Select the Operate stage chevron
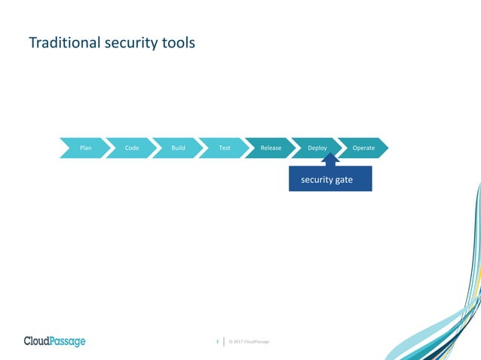coord(363,148)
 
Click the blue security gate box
coord(330,180)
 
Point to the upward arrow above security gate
coord(330,160)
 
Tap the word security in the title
coord(134,43)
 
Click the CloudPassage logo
coord(54,341)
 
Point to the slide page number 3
coord(218,342)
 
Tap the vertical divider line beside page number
coord(225,342)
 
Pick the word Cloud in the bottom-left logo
coord(37,341)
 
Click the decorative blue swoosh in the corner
coord(452,316)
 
